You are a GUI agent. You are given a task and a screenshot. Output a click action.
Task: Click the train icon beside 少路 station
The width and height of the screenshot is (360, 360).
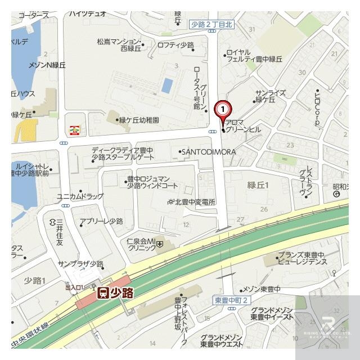(x=103, y=292)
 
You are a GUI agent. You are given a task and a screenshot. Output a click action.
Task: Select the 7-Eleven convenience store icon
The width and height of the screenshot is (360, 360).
(x=74, y=130)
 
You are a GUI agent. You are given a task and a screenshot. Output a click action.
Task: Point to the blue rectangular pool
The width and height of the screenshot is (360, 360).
(x=167, y=85)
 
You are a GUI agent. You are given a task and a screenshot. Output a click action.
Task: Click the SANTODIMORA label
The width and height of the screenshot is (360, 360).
(x=208, y=152)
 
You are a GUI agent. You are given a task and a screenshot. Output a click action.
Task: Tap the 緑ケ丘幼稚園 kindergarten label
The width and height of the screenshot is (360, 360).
(x=138, y=120)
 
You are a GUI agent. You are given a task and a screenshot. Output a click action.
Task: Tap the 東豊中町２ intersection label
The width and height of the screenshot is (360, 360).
(x=231, y=300)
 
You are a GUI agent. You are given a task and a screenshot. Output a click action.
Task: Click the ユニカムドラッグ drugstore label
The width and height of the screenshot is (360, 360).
(x=79, y=196)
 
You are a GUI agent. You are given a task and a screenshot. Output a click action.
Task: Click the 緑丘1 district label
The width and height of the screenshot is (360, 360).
(x=258, y=185)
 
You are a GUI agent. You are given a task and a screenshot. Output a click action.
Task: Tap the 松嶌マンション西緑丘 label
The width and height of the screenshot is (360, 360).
(x=118, y=44)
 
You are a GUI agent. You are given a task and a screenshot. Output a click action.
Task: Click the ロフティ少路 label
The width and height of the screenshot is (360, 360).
(x=175, y=45)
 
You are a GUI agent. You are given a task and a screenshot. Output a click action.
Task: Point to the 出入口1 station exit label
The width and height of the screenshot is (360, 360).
(x=75, y=287)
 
